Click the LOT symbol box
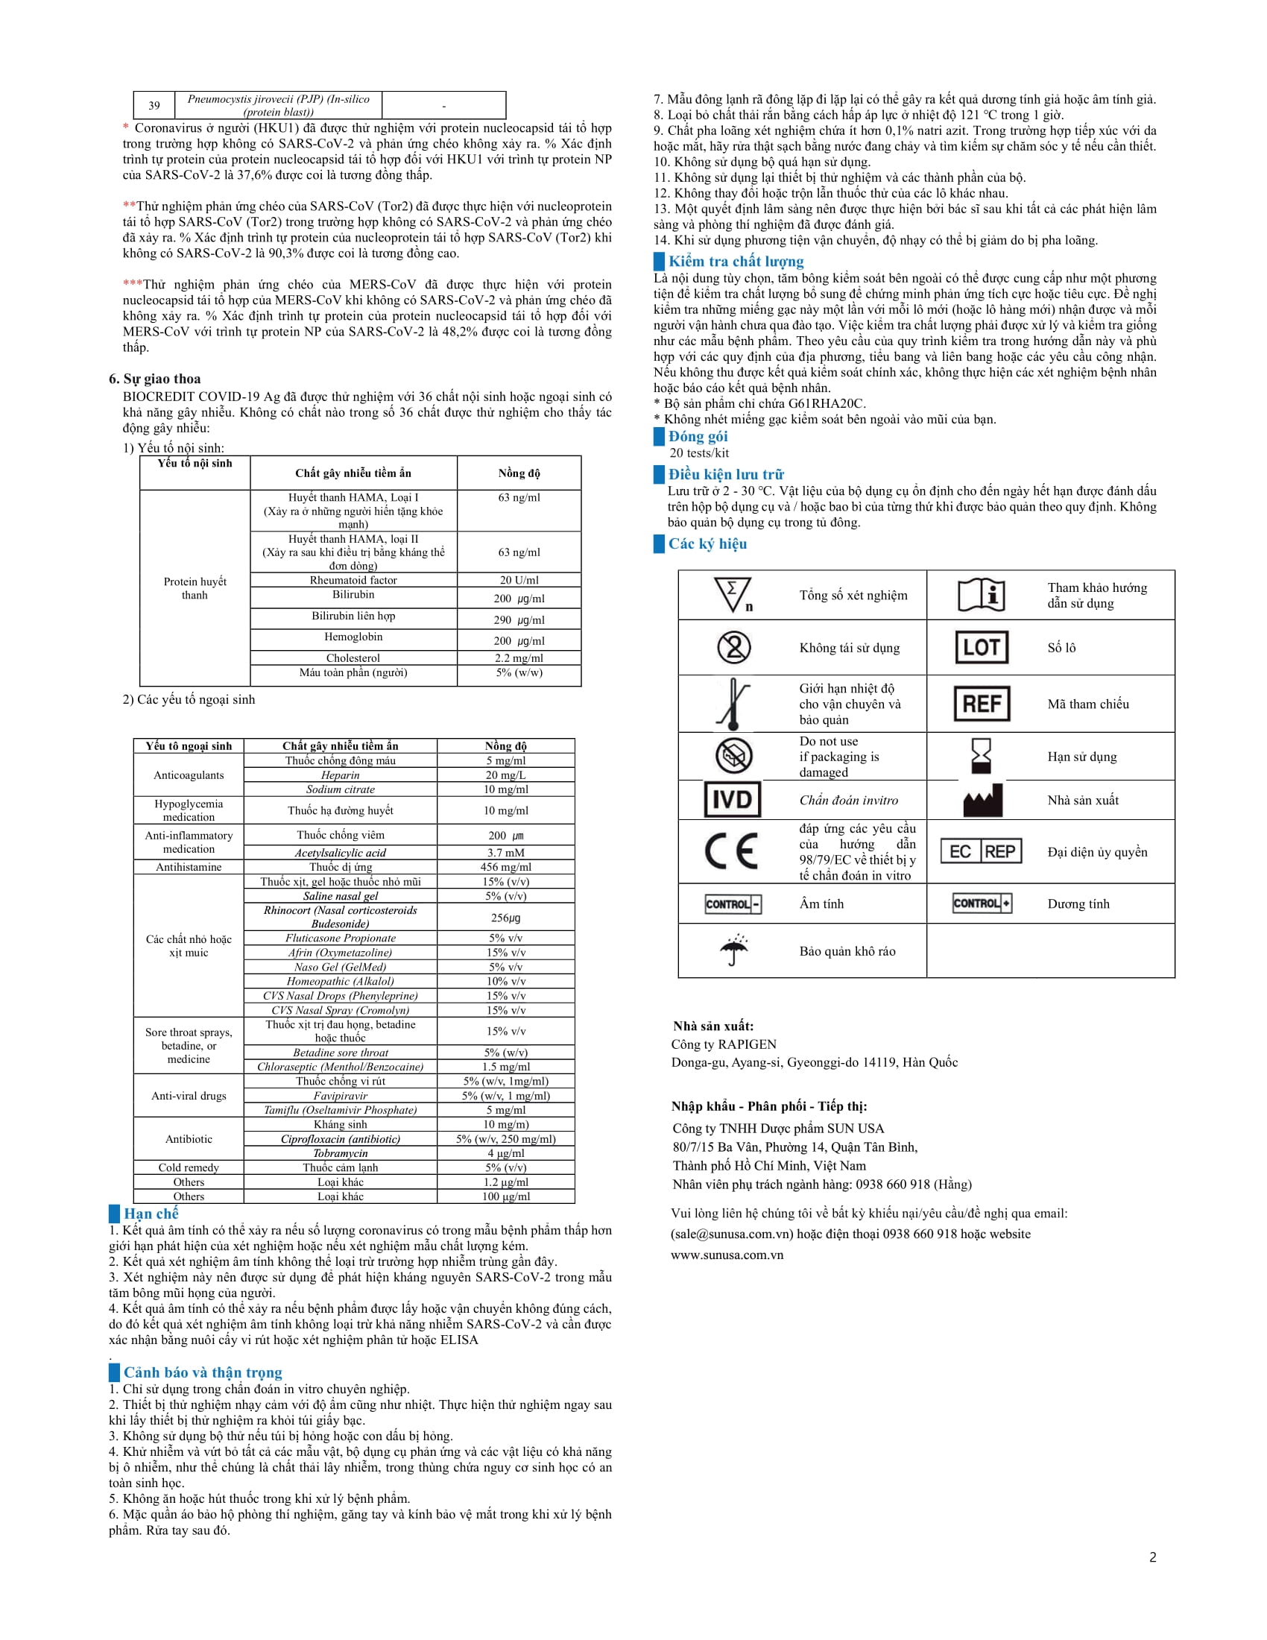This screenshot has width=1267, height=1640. pos(981,647)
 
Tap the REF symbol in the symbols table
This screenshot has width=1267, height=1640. pos(981,704)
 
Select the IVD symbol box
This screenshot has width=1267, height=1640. pos(732,800)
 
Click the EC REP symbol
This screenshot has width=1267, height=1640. pos(981,851)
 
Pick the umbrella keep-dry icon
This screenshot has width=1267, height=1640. pos(734,950)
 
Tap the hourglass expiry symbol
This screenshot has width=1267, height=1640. pos(981,755)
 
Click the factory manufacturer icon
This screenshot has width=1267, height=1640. pos(982,801)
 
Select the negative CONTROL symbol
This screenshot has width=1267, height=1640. pos(733,903)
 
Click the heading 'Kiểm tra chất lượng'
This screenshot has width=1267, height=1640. pos(736,262)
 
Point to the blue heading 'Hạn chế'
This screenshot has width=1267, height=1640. pos(151,1214)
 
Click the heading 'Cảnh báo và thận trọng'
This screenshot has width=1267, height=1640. pos(203,1372)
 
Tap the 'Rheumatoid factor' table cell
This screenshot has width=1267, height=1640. pos(353,580)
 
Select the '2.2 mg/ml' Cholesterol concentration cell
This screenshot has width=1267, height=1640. pos(519,657)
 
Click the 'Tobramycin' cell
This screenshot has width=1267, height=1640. pos(340,1152)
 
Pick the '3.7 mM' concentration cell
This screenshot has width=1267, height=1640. pos(505,852)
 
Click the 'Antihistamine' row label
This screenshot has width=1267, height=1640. pos(189,866)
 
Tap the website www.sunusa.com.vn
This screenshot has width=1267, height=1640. pos(727,1255)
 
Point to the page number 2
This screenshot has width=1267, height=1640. pos(1152,1557)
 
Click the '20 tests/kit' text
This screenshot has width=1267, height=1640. pos(699,452)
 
